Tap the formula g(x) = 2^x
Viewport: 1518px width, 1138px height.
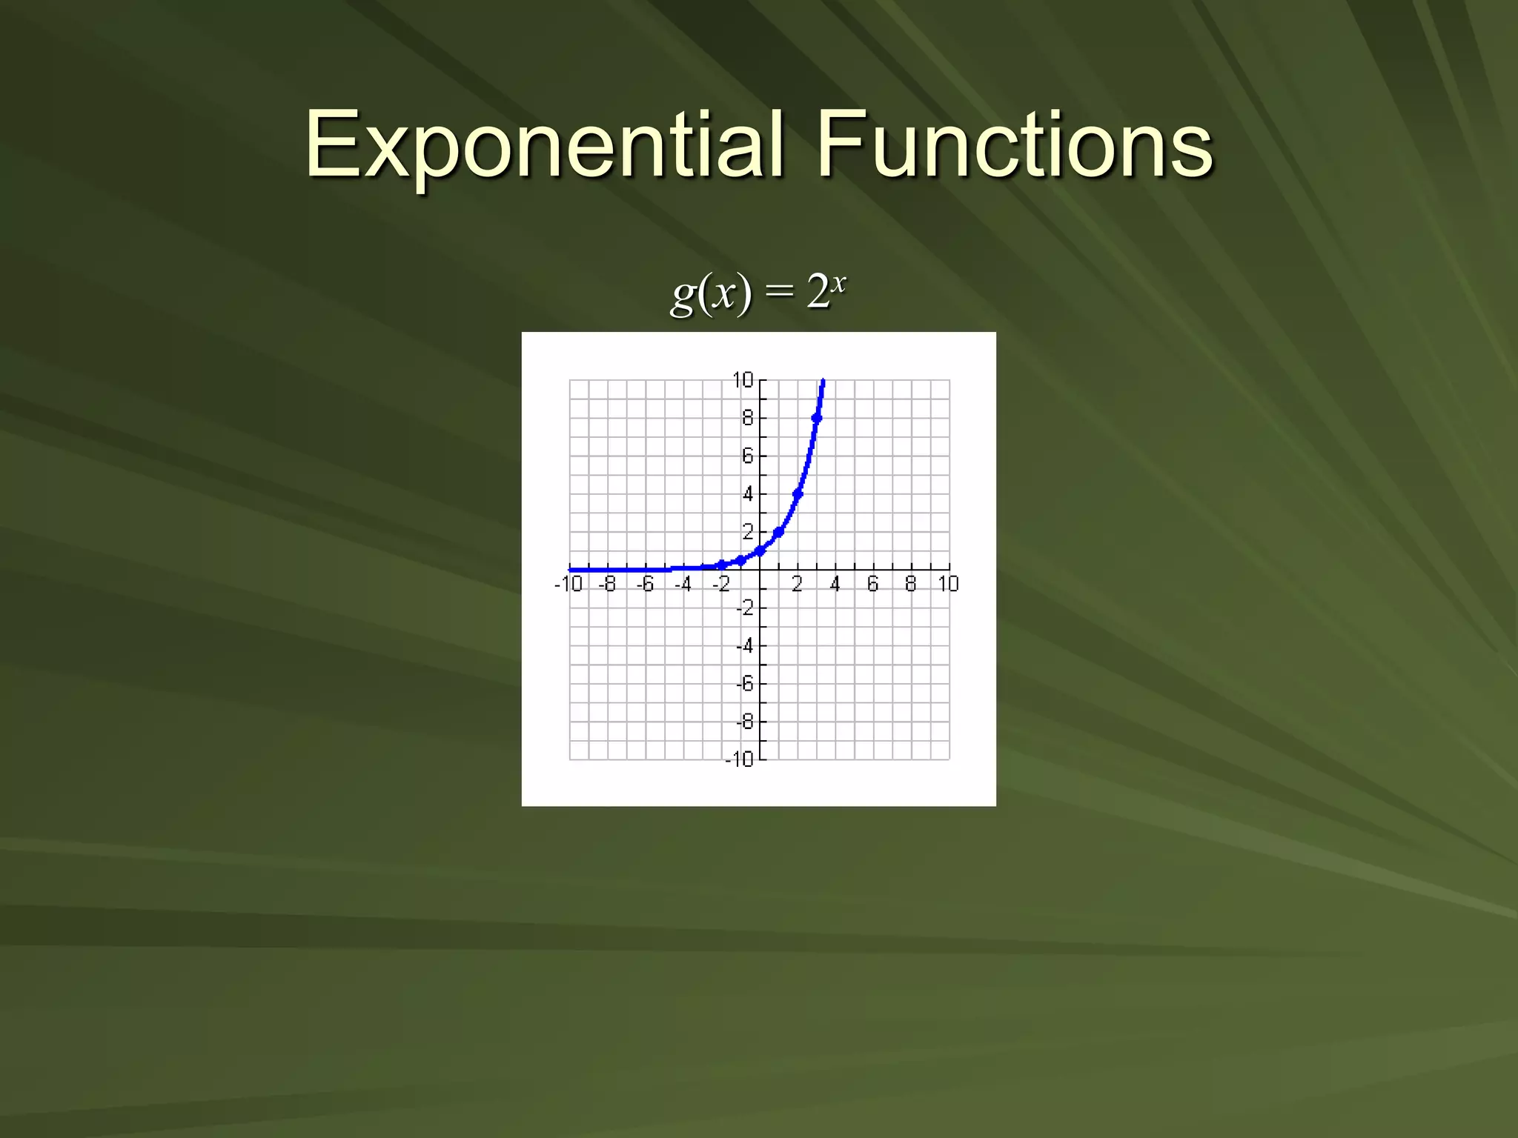[x=758, y=293]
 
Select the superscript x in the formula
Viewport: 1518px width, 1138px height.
[x=838, y=282]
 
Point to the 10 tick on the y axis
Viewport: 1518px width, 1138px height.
[x=743, y=380]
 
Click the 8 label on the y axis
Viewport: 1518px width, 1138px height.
[x=747, y=419]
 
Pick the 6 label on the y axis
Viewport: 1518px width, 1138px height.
[x=747, y=456]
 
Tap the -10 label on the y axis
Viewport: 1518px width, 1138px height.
[x=739, y=759]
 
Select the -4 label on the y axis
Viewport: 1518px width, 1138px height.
[x=744, y=646]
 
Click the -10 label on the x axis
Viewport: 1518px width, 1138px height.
[x=569, y=585]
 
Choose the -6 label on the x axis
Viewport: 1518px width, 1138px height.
[x=646, y=585]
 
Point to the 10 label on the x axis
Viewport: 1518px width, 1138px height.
[x=949, y=585]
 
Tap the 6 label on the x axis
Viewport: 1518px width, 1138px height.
[x=873, y=585]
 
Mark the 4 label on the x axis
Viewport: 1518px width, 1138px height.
[x=835, y=585]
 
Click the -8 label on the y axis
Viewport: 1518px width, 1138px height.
[x=744, y=722]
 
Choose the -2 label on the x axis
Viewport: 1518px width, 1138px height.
[x=721, y=585]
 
